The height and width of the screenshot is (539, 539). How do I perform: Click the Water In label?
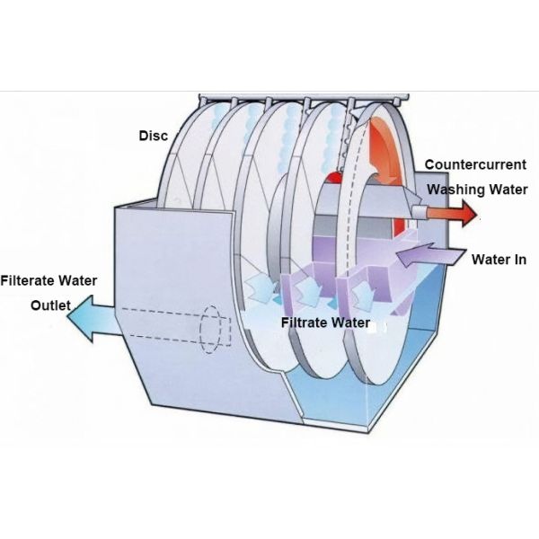click(499, 260)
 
